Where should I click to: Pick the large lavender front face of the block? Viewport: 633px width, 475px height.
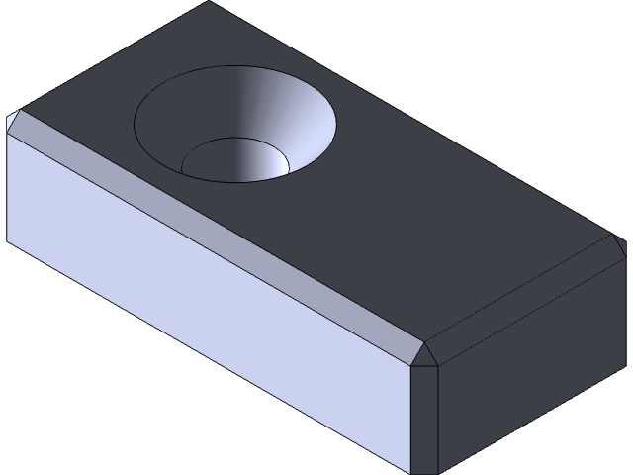[x=198, y=307]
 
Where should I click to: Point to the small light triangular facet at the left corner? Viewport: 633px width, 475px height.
[x=12, y=123]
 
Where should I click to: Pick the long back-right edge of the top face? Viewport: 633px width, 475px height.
[x=415, y=119]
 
